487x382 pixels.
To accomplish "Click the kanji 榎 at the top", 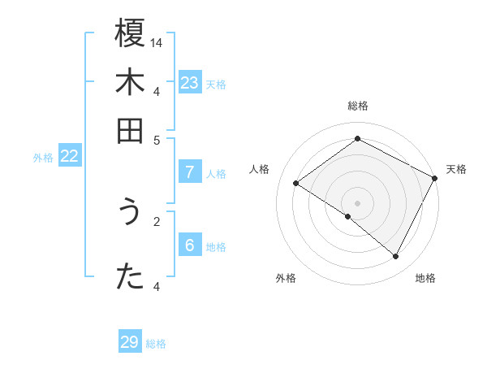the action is tap(130, 35).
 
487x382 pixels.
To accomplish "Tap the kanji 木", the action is tap(130, 83).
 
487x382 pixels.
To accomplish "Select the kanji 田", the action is tap(130, 130).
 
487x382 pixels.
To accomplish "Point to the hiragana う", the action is tap(130, 213).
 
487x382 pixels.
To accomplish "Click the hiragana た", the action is tap(130, 276).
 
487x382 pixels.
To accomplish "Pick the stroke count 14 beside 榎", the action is tap(157, 42).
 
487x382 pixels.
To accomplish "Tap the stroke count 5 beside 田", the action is tap(157, 139).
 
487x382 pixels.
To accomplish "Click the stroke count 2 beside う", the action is tap(157, 219).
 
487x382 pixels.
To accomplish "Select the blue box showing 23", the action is tap(190, 82).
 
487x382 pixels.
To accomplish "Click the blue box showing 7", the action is tap(190, 172).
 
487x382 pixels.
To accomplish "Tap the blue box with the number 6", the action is tap(190, 245).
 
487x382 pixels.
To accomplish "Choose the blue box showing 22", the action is tap(69, 157).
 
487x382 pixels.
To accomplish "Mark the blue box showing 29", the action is tap(130, 342).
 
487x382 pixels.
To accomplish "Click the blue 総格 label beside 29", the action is tap(157, 344).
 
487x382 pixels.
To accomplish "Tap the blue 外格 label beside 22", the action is tap(43, 158).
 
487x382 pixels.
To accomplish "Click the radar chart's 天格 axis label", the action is tap(456, 169).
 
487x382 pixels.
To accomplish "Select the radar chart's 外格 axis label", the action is tap(286, 278).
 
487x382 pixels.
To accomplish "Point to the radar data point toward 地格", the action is tap(396, 257).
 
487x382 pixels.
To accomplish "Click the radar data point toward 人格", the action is tap(296, 184).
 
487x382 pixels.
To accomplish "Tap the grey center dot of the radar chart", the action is tap(357, 202).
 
